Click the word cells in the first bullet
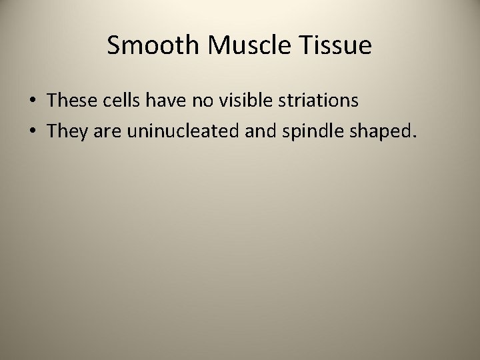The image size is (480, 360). [125, 101]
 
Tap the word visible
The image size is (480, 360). [245, 101]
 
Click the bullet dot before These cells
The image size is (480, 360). [33, 102]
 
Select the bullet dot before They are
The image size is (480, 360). [33, 132]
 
